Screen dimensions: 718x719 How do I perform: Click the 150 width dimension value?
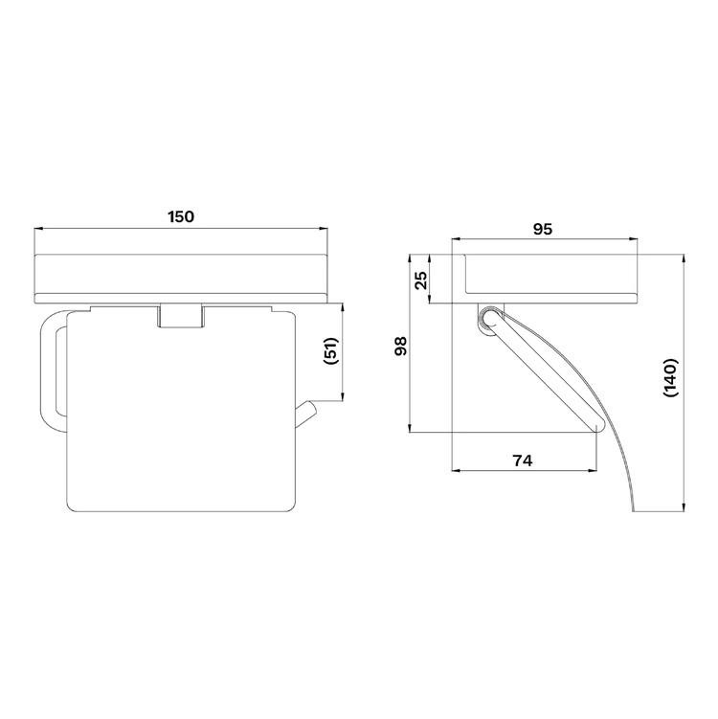[181, 216]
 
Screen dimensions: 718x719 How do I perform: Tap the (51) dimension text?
[330, 351]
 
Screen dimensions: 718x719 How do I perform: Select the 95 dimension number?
[543, 229]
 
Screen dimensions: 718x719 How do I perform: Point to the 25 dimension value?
[421, 281]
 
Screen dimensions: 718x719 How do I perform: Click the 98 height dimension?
[400, 347]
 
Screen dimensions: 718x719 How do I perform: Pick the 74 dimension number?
[523, 460]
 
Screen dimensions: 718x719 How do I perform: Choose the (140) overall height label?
[670, 377]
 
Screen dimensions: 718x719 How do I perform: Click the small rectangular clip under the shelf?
[180, 316]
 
